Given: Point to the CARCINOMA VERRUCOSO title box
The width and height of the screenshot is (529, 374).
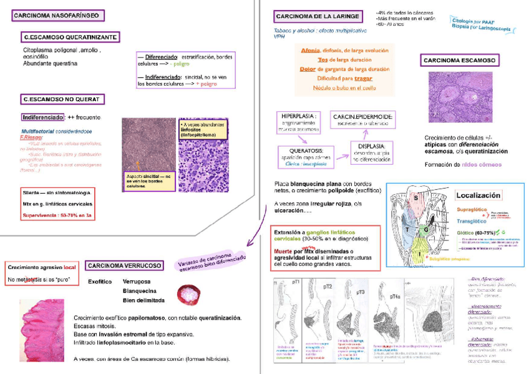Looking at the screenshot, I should point(125,265).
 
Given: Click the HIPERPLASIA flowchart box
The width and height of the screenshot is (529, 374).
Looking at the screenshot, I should point(299,122).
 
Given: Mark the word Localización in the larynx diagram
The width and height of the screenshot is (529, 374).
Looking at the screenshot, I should point(478,195).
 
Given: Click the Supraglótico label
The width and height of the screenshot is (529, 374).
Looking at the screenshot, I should point(474,210).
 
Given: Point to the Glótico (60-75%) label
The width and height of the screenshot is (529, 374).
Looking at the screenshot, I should point(478,232).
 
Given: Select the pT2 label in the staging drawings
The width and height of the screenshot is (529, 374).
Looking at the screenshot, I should point(328,286).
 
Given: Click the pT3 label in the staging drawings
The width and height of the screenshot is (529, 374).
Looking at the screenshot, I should point(361,292).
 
